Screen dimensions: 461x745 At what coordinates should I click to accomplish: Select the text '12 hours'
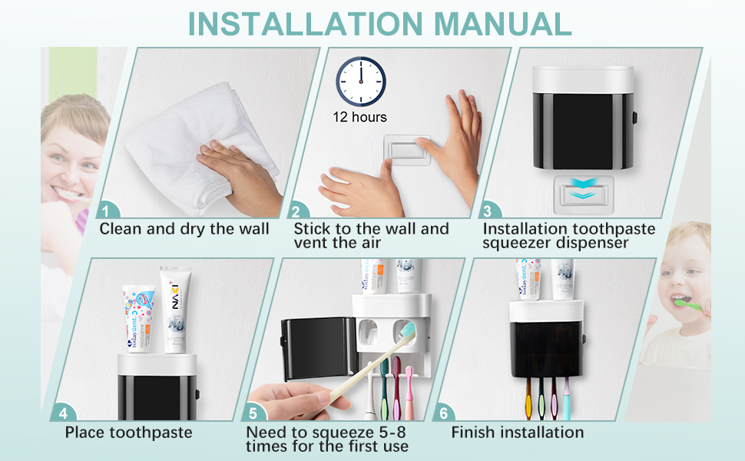coord(359,118)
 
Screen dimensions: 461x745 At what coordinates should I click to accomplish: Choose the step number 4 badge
coord(62,412)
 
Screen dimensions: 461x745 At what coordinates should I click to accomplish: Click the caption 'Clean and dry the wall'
coord(184,228)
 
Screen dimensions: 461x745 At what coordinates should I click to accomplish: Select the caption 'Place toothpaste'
coord(128,433)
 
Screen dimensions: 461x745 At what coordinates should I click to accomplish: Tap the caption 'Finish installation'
coord(517,433)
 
